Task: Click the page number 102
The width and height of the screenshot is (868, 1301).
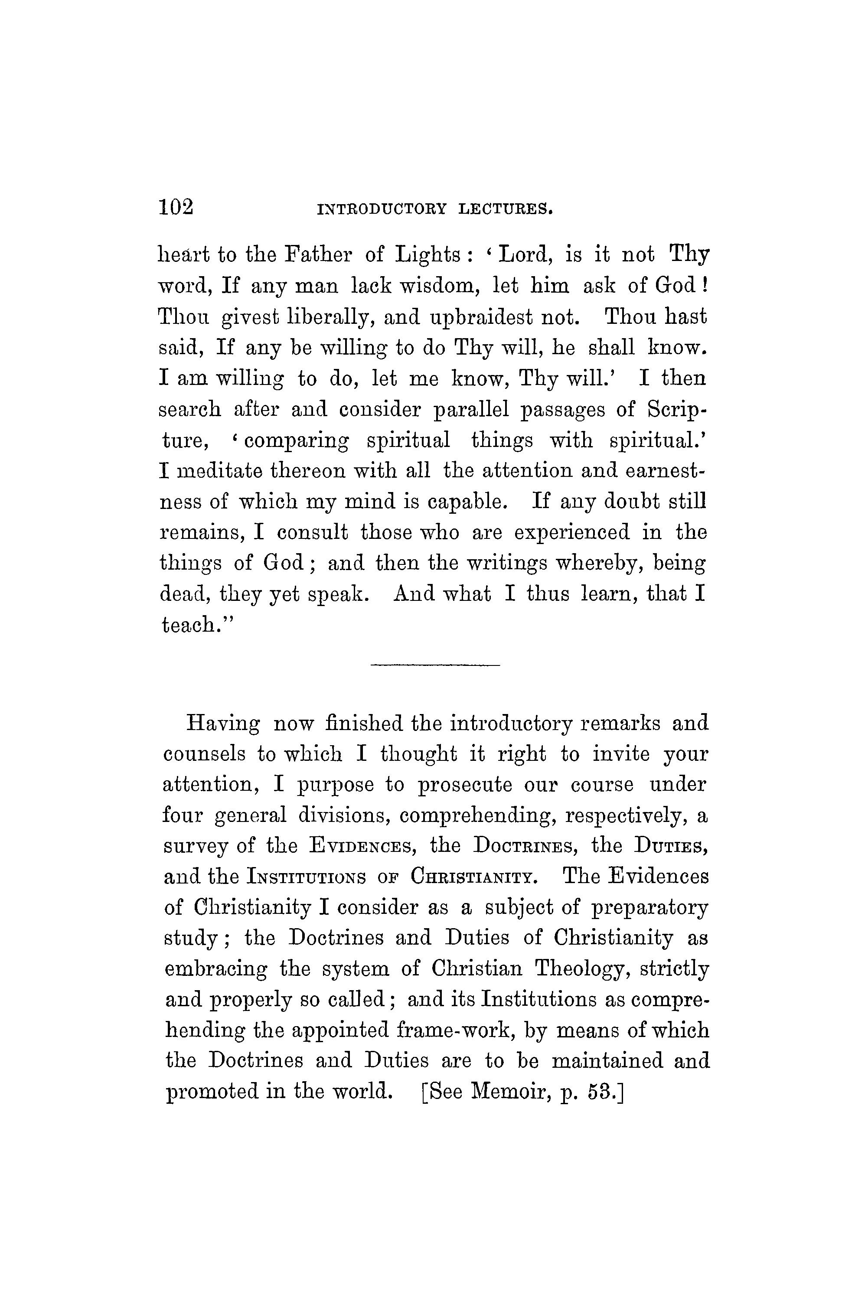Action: [176, 208]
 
